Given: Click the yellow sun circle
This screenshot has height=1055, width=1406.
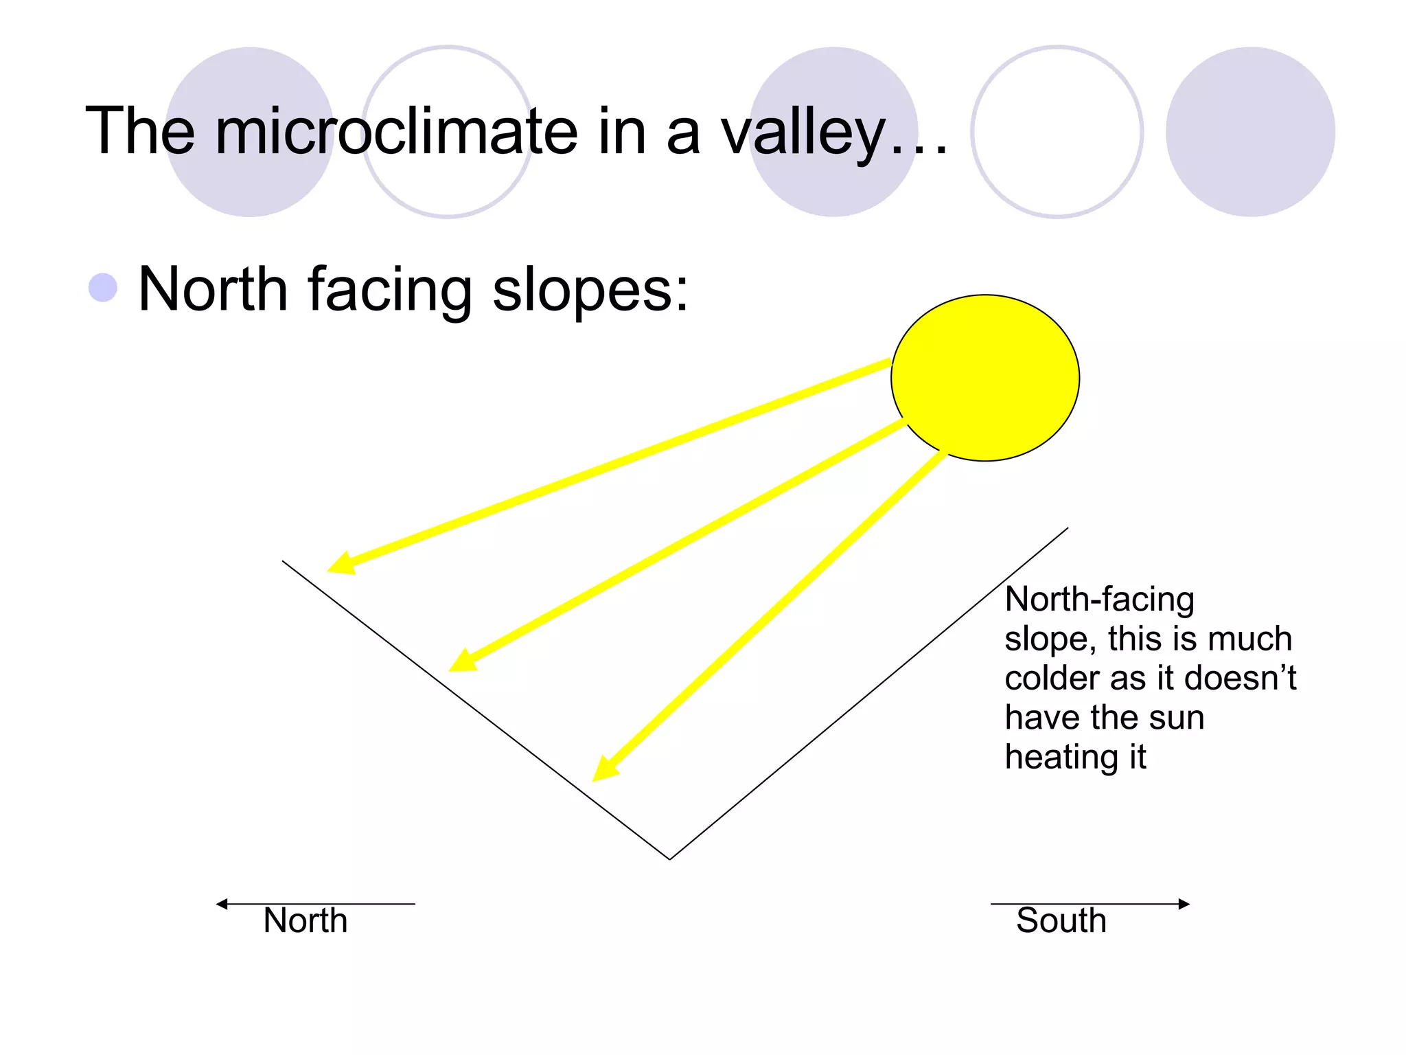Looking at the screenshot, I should tap(984, 378).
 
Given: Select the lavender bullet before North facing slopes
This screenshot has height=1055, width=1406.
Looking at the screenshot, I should tap(103, 288).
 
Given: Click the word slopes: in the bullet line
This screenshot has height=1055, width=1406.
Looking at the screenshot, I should tap(590, 291).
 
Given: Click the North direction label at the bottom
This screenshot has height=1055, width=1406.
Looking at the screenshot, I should tap(306, 920).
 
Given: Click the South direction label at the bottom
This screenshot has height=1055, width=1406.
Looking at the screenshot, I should tap(1061, 920).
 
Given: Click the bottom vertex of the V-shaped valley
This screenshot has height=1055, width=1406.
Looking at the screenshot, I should tap(670, 859).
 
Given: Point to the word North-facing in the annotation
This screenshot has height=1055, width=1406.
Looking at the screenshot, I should tap(1099, 599).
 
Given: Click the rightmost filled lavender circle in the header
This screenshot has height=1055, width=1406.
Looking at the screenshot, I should tap(1249, 132).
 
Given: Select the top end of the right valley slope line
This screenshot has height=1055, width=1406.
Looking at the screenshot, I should tap(1067, 528).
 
